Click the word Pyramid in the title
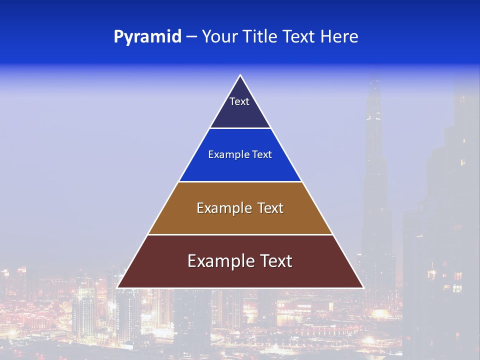[147, 37]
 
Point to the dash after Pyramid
[190, 37]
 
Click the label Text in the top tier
[239, 101]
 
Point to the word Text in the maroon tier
[275, 261]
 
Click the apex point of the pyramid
[240, 75]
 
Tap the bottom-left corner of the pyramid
[117, 287]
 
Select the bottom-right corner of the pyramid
[363, 287]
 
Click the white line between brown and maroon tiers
[240, 234]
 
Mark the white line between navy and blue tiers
[240, 128]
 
